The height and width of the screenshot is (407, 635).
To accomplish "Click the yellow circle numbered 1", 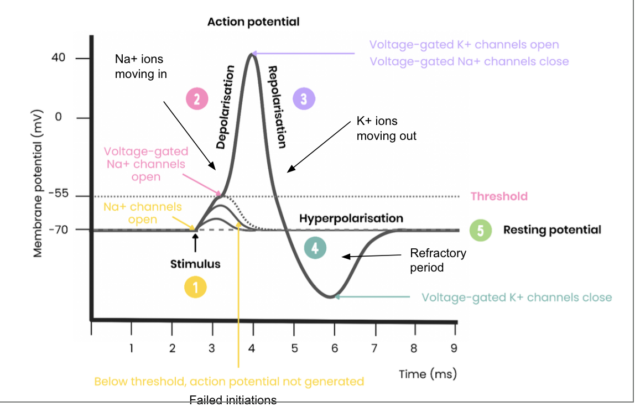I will pyautogui.click(x=195, y=287).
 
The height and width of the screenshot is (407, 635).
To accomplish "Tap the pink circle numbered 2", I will pyautogui.click(x=196, y=99).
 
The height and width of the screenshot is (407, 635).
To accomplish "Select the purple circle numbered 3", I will pyautogui.click(x=304, y=99).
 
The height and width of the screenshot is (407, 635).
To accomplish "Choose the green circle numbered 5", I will pyautogui.click(x=480, y=229).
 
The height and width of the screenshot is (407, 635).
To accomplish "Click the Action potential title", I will pyautogui.click(x=253, y=22).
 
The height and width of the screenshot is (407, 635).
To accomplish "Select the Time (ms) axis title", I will pyautogui.click(x=428, y=374).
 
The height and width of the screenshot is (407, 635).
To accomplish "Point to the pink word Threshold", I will pyautogui.click(x=499, y=196).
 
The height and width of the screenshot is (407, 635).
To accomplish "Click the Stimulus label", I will pyautogui.click(x=195, y=264).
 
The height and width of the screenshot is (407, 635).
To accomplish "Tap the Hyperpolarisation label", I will pyautogui.click(x=351, y=218).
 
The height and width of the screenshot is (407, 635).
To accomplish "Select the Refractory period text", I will pyautogui.click(x=438, y=260).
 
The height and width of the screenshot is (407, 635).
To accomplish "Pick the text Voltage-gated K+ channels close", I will pyautogui.click(x=517, y=298).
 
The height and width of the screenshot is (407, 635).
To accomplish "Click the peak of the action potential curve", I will pyautogui.click(x=253, y=53).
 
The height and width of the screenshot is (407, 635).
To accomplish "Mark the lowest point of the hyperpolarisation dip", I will pyautogui.click(x=331, y=297).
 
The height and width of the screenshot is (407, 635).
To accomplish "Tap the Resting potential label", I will pyautogui.click(x=552, y=229).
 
